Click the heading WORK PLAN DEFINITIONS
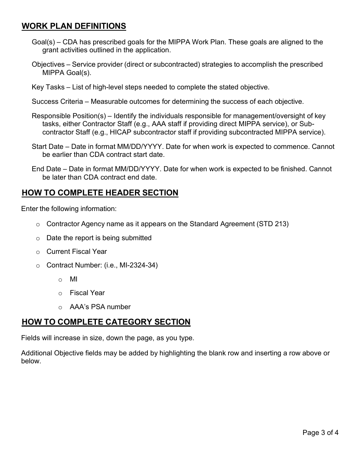pyautogui.click(x=74, y=26)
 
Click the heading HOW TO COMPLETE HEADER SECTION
pyautogui.click(x=100, y=193)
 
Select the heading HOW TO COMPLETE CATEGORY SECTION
pyautogui.click(x=106, y=322)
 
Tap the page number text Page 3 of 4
pyautogui.click(x=320, y=433)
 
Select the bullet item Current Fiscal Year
pyautogui.click(x=77, y=252)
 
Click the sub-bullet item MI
pyautogui.click(x=74, y=279)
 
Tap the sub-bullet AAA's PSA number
pyautogui.click(x=100, y=307)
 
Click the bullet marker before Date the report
pyautogui.click(x=38, y=239)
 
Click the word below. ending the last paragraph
pyautogui.click(x=31, y=361)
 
